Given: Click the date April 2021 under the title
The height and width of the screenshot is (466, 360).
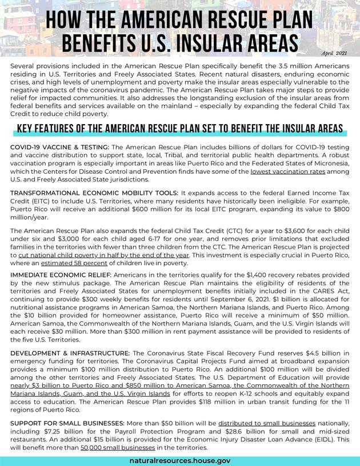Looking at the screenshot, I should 334,53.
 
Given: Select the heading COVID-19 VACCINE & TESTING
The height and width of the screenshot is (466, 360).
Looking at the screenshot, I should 60,147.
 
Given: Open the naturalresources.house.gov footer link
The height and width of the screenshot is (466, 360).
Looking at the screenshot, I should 180,460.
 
